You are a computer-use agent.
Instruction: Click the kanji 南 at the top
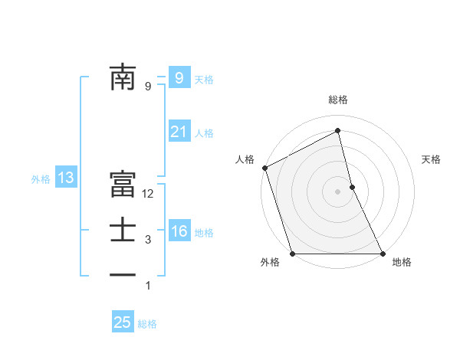(x=123, y=77)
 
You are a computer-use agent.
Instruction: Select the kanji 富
(x=123, y=185)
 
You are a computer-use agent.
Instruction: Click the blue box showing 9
(x=179, y=77)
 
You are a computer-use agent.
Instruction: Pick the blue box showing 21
(x=179, y=132)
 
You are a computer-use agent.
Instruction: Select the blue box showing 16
(x=179, y=231)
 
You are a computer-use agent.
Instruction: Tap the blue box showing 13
(x=65, y=178)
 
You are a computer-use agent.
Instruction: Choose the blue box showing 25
(x=123, y=322)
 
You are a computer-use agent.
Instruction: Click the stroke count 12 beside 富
(x=148, y=194)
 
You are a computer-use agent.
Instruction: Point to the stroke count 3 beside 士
(x=148, y=240)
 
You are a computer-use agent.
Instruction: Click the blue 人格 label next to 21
(x=204, y=133)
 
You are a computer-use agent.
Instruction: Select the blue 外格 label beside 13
(x=41, y=179)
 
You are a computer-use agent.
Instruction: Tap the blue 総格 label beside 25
(x=147, y=324)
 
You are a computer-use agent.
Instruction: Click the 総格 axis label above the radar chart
(x=338, y=100)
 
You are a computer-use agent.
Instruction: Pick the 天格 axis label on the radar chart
(x=432, y=159)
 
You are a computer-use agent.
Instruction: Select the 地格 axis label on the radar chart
(x=402, y=262)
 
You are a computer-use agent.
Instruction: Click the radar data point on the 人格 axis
(x=264, y=168)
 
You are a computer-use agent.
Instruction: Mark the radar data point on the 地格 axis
(x=383, y=254)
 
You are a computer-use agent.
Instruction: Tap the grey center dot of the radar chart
(x=338, y=191)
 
